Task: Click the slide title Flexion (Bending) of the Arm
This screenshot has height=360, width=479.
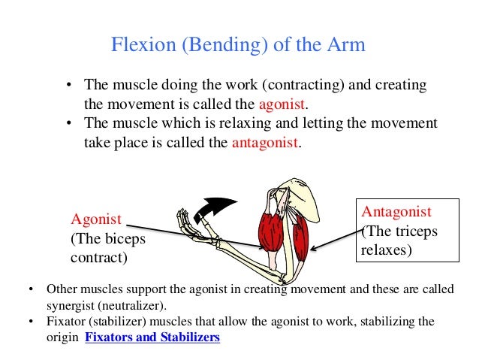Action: pos(238,45)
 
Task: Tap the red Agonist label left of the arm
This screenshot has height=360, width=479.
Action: pos(96,219)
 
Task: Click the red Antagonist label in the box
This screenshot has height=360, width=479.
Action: pos(397,210)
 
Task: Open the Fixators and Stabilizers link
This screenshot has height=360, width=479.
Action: pos(152,337)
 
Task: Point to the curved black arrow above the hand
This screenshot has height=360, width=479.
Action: pos(214,205)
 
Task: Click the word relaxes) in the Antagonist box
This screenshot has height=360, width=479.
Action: pos(387,250)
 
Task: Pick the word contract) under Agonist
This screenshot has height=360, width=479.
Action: pos(99,258)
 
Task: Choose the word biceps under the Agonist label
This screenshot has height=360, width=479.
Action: pos(125,239)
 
